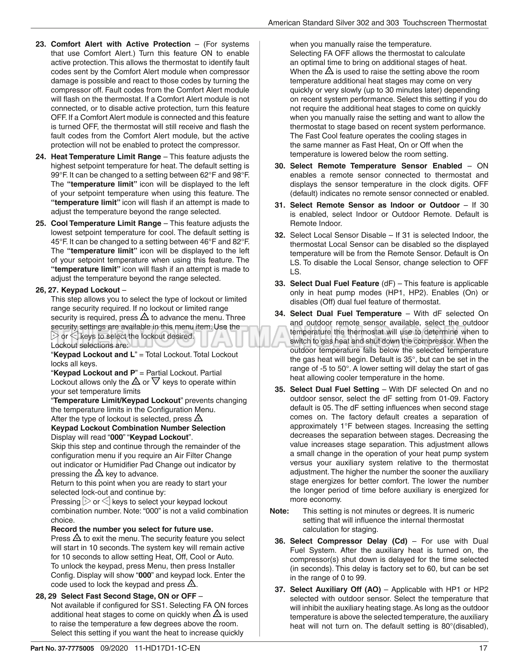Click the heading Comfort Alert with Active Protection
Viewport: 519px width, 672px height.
(121, 44)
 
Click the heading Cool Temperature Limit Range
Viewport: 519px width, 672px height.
(106, 223)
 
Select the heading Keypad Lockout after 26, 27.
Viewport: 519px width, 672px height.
(90, 290)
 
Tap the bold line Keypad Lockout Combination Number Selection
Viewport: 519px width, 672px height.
(138, 428)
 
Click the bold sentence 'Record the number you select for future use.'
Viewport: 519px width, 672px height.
(132, 529)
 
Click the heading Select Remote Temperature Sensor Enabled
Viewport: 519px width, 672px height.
(376, 166)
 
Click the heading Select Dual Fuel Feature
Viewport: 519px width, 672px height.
(334, 283)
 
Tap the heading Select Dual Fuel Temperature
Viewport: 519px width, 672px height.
(346, 314)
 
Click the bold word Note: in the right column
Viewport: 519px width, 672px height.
(279, 511)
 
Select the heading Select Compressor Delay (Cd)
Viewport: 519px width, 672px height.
(349, 541)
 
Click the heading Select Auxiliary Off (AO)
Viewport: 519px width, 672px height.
(336, 590)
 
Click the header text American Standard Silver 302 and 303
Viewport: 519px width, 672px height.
(333, 23)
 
